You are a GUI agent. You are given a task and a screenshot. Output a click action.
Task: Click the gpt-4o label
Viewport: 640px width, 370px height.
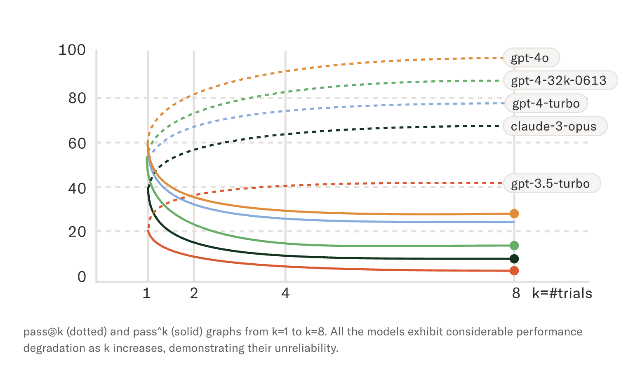[530, 58]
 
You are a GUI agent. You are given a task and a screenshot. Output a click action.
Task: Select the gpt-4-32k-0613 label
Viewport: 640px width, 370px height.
[559, 80]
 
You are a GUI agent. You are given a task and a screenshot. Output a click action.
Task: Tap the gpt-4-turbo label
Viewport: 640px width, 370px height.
[546, 103]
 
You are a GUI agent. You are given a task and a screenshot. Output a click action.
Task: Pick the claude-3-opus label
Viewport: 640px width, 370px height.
[554, 126]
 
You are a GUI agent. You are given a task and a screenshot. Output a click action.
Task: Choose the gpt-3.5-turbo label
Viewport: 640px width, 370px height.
[551, 183]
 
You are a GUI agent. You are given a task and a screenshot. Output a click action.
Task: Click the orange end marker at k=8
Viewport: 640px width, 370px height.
[514, 213]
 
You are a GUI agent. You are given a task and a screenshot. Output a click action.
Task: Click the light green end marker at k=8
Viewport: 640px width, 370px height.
[514, 246]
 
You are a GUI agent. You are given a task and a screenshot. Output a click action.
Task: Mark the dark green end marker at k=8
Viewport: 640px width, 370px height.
[514, 259]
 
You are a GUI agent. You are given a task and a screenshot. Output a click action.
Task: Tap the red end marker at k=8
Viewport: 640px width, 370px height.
[514, 271]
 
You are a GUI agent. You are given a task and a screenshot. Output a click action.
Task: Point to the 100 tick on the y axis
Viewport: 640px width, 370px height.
[72, 50]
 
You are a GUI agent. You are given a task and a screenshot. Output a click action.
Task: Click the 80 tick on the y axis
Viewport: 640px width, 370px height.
[77, 98]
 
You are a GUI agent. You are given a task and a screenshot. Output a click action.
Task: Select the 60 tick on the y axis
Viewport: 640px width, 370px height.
[77, 143]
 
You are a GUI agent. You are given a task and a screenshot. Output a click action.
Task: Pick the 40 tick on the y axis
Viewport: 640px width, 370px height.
[77, 188]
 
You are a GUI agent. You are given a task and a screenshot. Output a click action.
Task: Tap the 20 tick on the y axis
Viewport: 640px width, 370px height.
[77, 232]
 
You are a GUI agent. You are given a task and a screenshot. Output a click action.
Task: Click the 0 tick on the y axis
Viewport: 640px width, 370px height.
[82, 276]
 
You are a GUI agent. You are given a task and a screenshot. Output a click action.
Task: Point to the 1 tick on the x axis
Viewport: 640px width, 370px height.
[146, 293]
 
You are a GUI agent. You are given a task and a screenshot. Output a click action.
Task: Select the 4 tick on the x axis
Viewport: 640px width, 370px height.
[285, 293]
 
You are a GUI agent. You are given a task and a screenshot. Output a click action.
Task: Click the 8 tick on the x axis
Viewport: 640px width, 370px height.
[516, 293]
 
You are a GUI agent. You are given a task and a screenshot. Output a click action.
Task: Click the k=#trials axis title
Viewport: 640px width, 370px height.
[562, 293]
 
